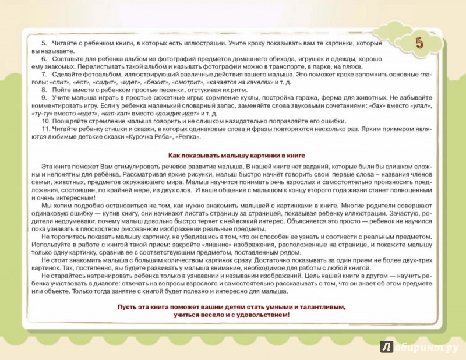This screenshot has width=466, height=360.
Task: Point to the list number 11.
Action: (45, 130)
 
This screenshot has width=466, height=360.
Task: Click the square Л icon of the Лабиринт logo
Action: (386, 347)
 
